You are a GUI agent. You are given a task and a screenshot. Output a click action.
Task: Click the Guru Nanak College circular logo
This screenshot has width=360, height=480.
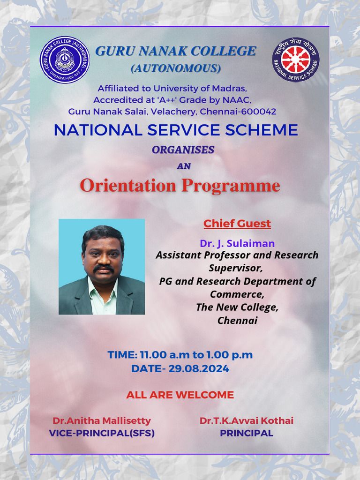(65, 60)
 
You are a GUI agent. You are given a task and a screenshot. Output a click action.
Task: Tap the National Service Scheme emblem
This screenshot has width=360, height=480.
(296, 60)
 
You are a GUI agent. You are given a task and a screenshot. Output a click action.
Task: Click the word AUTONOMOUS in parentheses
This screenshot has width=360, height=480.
(176, 68)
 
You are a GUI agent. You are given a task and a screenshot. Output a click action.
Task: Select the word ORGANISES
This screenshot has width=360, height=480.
(183, 150)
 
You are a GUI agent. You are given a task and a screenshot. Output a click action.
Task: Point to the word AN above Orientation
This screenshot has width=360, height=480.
(184, 166)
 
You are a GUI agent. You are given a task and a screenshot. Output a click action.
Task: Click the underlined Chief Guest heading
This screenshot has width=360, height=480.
(237, 224)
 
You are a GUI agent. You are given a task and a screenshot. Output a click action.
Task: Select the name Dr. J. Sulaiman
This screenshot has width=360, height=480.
(237, 243)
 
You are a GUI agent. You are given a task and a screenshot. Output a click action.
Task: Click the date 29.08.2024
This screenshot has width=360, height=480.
(199, 368)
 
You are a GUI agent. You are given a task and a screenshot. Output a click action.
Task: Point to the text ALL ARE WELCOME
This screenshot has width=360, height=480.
(180, 395)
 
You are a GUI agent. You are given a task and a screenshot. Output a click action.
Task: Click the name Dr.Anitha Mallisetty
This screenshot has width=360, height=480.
(102, 420)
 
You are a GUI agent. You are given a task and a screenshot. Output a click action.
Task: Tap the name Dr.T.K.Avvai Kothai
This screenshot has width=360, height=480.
(247, 420)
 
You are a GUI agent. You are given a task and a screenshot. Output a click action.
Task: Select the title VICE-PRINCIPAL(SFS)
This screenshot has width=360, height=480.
(102, 433)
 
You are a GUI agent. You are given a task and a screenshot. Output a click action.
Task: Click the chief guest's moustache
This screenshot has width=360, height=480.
(104, 269)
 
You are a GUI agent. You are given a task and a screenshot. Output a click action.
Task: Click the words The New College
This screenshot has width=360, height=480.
(237, 307)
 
